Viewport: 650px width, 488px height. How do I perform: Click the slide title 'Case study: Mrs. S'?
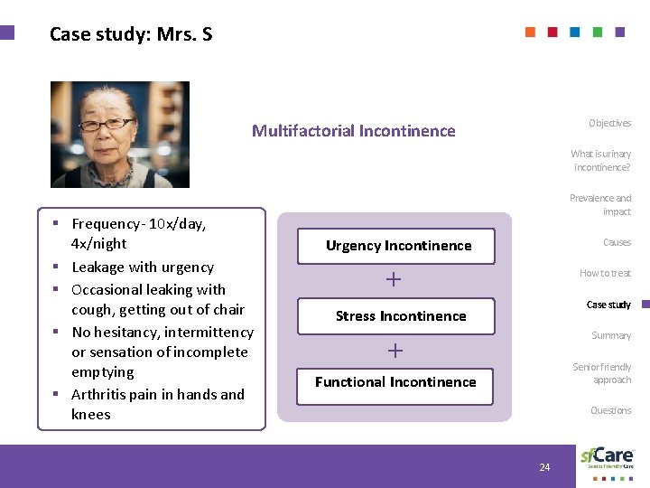click(x=131, y=35)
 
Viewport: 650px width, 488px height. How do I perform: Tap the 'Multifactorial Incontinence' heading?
click(x=353, y=131)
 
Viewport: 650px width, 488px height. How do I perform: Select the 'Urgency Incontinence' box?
click(x=398, y=246)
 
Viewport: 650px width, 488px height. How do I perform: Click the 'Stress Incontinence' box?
click(x=401, y=316)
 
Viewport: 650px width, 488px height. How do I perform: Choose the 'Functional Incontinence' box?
click(x=395, y=382)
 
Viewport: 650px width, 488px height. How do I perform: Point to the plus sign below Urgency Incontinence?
click(x=394, y=280)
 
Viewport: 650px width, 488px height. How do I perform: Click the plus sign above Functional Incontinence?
click(x=395, y=351)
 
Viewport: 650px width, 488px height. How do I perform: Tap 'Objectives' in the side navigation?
click(x=609, y=123)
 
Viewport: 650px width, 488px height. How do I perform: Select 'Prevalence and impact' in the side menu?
click(x=600, y=204)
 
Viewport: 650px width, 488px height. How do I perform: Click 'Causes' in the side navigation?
click(x=617, y=242)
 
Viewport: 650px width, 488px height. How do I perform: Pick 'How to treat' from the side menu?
click(x=605, y=273)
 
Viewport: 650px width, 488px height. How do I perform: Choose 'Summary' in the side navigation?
click(x=611, y=335)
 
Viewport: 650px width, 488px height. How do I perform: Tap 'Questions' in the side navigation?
click(x=610, y=410)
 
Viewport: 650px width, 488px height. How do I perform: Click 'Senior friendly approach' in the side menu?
click(x=602, y=373)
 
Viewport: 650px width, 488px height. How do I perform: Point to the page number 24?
click(x=544, y=467)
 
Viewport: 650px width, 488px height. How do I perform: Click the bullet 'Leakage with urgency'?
click(x=143, y=267)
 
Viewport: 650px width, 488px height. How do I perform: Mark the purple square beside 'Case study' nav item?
click(x=645, y=305)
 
